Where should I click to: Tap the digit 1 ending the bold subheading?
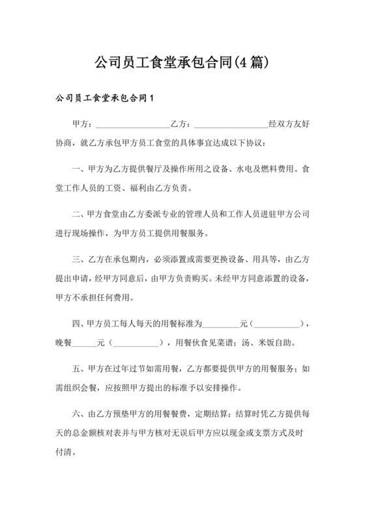click(152, 99)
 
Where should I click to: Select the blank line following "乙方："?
click(231, 124)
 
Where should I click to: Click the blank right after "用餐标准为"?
click(222, 322)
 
